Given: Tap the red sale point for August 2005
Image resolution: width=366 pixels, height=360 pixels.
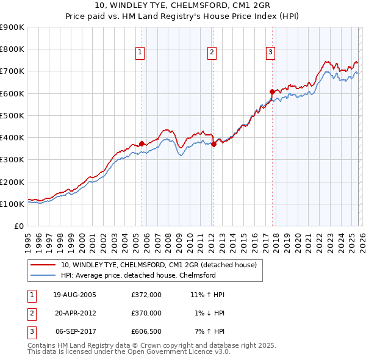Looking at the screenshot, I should point(142,144).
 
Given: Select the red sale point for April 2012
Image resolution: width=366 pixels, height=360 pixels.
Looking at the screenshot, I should point(214,144).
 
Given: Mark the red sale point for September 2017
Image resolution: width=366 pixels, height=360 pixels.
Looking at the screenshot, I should point(272,92).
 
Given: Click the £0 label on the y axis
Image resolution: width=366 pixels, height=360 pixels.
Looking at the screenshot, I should point(18,226).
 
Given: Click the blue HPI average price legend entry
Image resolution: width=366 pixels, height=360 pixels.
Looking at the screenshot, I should point(138,275).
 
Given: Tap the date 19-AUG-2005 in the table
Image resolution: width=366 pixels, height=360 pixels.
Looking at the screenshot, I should point(74,295).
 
